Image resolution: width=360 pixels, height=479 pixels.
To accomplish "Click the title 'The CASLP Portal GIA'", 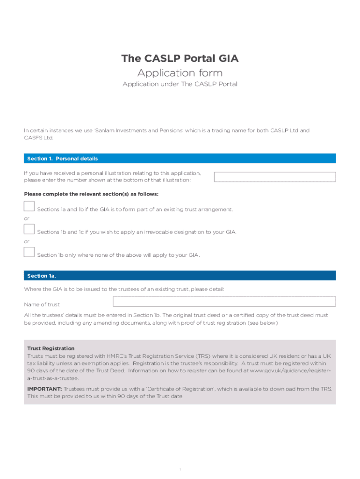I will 180,58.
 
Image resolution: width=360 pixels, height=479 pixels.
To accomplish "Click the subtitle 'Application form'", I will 180,73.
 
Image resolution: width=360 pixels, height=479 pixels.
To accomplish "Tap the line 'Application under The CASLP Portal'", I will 180,84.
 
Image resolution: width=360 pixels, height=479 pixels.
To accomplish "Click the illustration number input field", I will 274,177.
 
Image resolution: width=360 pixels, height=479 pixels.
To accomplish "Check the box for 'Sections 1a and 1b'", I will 29,206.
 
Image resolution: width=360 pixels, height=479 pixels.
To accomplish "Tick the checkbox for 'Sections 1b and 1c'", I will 29,229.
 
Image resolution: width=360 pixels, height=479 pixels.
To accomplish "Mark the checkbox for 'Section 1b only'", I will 29,252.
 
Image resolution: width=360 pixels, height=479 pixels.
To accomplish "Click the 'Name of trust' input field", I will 224,301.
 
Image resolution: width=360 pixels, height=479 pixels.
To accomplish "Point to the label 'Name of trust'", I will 42,305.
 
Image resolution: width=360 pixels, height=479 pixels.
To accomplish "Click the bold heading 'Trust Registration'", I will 51,348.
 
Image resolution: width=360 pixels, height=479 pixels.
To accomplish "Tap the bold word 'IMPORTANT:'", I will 44,389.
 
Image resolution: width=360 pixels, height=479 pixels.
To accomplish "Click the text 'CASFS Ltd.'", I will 39,138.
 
